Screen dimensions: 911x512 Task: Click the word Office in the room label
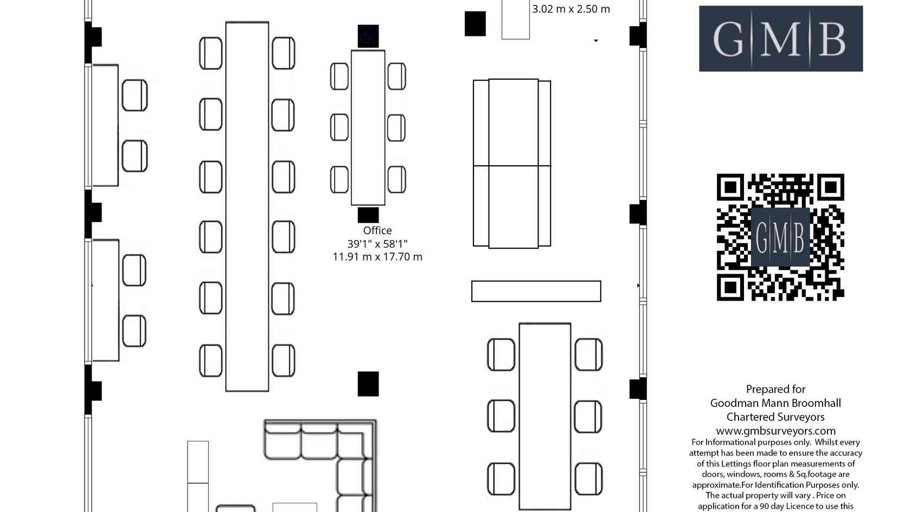(x=377, y=230)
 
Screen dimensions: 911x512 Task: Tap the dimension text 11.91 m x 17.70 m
(x=377, y=257)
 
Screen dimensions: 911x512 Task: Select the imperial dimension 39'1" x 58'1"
(x=377, y=244)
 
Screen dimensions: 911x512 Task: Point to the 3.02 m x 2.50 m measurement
(x=571, y=9)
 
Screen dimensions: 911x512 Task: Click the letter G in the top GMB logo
(x=728, y=39)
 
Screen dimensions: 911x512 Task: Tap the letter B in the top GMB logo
(x=832, y=39)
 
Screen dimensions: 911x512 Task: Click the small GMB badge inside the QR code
(x=780, y=237)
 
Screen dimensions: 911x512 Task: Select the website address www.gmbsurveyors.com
(x=775, y=431)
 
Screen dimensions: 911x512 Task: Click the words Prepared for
(x=775, y=389)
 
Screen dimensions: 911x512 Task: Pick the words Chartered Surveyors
(x=775, y=417)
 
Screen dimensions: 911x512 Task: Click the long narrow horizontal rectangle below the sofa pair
(x=536, y=291)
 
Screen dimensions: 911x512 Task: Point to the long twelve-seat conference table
(x=247, y=206)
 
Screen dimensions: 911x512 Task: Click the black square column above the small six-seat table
(x=368, y=36)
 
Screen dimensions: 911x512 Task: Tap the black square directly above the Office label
(x=368, y=215)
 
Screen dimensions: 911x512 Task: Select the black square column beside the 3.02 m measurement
(x=475, y=24)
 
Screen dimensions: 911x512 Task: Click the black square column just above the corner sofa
(x=368, y=384)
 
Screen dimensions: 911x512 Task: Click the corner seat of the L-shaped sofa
(x=355, y=440)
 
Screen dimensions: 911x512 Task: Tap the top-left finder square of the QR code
(x=730, y=187)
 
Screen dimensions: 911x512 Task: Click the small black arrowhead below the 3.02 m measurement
(x=596, y=41)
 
